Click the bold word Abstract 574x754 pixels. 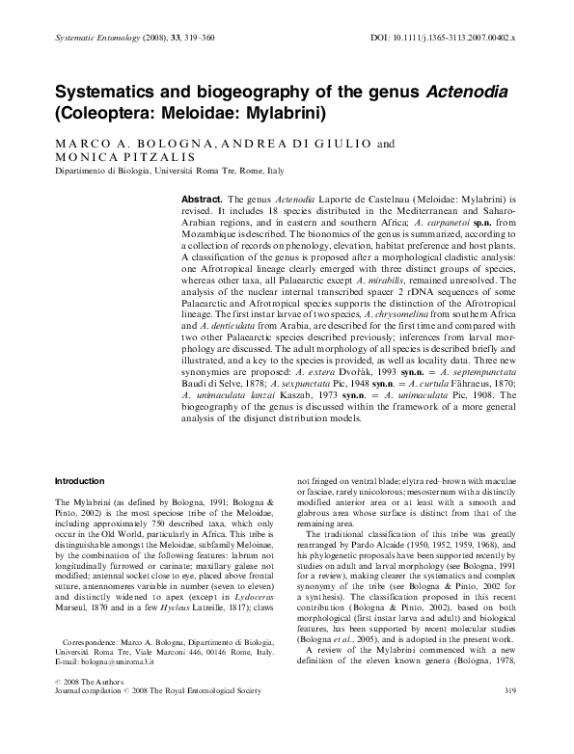coord(203,199)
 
